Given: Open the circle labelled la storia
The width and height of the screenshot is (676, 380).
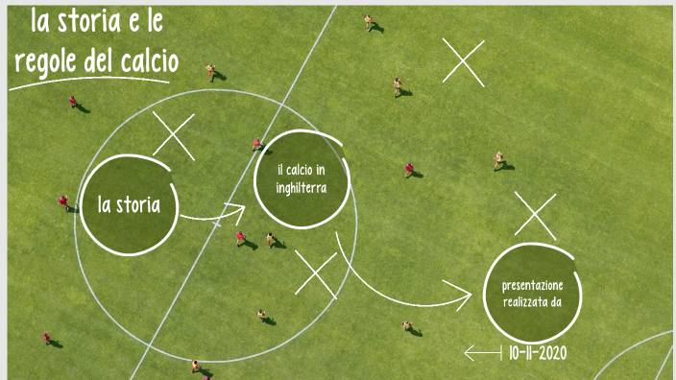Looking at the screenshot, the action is pos(129,204).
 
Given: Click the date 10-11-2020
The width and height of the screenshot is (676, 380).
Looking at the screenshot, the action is pos(538,354).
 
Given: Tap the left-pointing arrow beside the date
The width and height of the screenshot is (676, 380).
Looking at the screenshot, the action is pos(482,354).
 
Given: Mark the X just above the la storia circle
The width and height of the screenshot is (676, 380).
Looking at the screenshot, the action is pos(174,134).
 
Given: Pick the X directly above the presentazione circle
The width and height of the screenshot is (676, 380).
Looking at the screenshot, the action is pos(535,215).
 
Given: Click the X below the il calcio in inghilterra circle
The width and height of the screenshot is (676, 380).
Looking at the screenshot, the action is pos(316,273).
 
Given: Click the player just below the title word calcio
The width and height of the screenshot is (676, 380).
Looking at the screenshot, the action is pos(211,71).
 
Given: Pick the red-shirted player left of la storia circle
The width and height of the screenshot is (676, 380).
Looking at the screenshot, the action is pos(64,202).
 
